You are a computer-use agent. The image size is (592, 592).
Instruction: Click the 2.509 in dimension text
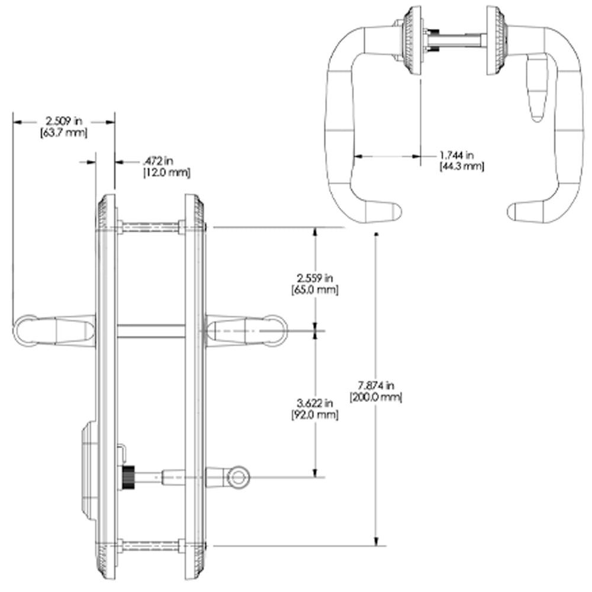(63, 121)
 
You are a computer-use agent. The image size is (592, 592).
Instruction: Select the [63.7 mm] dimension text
(64, 133)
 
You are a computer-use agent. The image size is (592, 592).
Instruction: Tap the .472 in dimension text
(158, 161)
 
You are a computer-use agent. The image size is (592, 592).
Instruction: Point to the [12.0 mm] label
(166, 173)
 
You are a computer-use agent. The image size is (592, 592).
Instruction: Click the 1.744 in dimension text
(457, 155)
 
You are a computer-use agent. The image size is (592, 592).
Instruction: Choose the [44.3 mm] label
(462, 166)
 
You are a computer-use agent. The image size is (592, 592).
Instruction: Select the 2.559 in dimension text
(315, 278)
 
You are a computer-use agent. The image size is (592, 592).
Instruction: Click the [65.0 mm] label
(315, 290)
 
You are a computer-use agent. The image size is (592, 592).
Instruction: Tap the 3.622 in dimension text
(315, 403)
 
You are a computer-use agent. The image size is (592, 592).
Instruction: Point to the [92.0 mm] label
(315, 415)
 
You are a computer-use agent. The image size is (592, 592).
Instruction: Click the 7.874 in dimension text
(376, 385)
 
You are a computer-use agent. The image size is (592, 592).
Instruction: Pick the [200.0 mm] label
(376, 397)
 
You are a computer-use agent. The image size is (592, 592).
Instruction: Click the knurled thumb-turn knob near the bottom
(128, 477)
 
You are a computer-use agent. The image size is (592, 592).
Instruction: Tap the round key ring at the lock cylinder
(238, 477)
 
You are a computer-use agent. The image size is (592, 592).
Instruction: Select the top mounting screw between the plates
(150, 227)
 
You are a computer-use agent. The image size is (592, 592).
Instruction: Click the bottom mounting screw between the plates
(150, 546)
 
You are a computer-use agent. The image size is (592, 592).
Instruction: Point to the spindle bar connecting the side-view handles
(151, 331)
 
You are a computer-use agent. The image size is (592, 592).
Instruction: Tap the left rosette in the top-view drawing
(412, 41)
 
